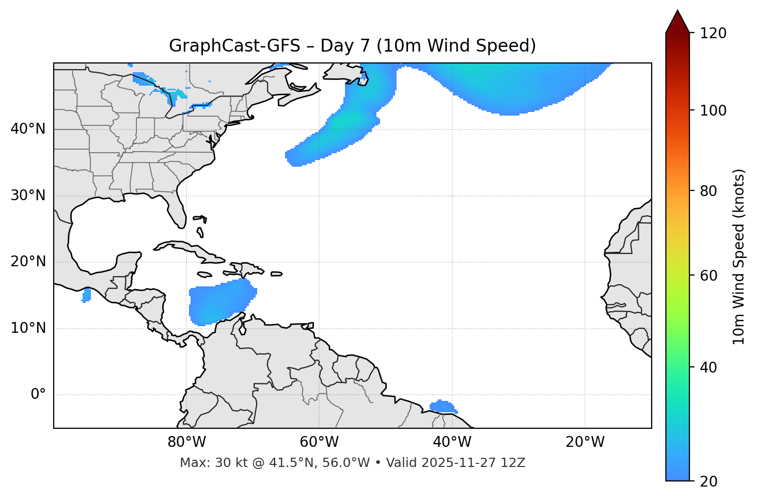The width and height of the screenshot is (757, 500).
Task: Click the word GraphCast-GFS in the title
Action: click(234, 46)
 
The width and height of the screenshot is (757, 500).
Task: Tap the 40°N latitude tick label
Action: click(28, 129)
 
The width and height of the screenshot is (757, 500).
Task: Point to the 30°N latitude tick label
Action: click(28, 196)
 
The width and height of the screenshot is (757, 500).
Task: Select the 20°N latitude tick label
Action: click(28, 262)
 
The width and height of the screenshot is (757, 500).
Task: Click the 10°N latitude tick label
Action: click(28, 328)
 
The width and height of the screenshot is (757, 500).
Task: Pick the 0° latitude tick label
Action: click(38, 395)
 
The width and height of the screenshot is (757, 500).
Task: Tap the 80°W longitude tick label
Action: click(186, 442)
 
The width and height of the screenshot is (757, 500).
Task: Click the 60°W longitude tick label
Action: click(319, 442)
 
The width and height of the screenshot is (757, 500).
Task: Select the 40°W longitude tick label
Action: click(452, 442)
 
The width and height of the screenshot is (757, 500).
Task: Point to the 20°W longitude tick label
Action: click(585, 442)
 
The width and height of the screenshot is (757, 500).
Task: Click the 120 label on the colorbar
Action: click(713, 34)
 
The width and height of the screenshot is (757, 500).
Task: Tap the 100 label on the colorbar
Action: click(713, 110)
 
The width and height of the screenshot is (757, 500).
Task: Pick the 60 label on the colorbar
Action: click(708, 276)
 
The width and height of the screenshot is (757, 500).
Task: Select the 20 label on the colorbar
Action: click(708, 481)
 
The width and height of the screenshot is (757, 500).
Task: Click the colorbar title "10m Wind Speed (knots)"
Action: click(739, 256)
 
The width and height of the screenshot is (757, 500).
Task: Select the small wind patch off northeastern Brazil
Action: click(443, 407)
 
